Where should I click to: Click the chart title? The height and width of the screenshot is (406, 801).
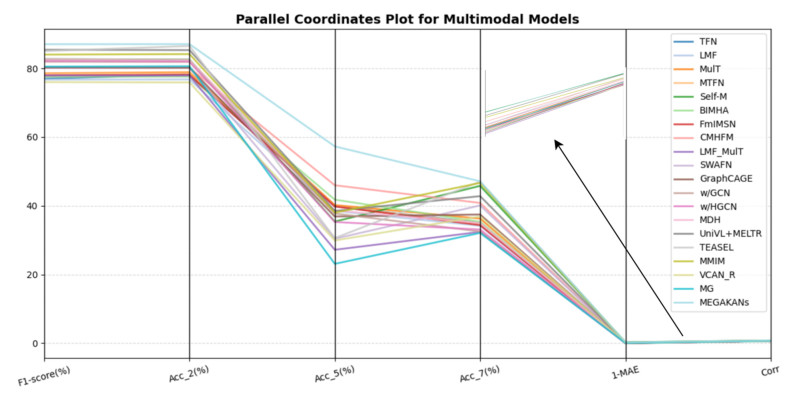click(406, 19)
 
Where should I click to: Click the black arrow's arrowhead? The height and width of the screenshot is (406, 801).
click(556, 142)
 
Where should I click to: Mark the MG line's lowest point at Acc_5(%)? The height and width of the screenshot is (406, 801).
click(335, 264)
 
